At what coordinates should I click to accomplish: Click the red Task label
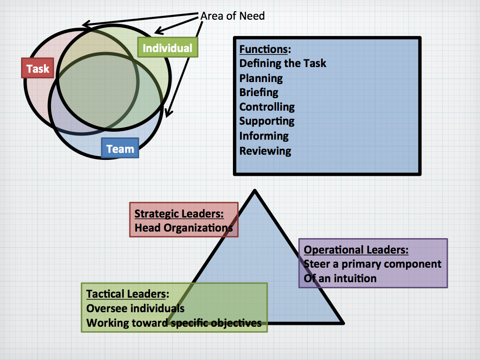[37, 68]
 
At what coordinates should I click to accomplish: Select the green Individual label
[167, 48]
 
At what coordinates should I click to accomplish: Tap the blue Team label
[120, 149]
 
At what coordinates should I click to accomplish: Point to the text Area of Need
[232, 16]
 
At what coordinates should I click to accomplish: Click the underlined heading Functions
[263, 49]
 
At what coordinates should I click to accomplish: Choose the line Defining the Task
[283, 63]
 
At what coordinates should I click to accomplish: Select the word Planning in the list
[261, 78]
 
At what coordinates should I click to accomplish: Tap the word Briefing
[259, 92]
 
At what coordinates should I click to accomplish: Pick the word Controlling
[267, 107]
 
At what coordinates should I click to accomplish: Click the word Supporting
[267, 121]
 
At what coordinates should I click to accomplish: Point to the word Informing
[264, 136]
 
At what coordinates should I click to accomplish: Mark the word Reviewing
[265, 150]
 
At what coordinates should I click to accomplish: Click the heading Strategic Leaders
[179, 214]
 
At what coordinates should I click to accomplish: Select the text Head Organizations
[183, 228]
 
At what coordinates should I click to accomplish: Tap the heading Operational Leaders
[356, 249]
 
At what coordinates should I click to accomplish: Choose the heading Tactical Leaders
[126, 294]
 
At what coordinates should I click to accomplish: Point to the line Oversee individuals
[135, 308]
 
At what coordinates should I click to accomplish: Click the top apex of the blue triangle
[255, 191]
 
